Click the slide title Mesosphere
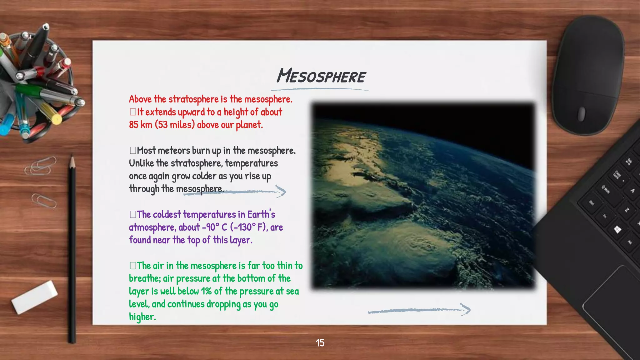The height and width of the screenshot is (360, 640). point(321,76)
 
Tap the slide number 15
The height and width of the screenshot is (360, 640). point(320,343)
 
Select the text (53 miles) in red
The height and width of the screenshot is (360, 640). point(175,125)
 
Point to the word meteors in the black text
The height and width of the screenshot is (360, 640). point(174,150)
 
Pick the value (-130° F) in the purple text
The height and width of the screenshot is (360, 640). point(249,227)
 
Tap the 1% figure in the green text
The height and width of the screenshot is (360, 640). point(206,291)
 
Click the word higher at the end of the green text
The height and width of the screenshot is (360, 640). point(142,317)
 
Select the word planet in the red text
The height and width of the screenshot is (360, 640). point(249,125)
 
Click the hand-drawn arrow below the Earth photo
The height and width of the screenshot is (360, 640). point(419,310)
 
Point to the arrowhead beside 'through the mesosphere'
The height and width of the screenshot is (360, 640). point(281,191)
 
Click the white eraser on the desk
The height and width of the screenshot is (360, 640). point(34,297)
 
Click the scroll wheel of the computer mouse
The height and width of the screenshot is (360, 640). point(581,114)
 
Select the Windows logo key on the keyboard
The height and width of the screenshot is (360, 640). point(617,230)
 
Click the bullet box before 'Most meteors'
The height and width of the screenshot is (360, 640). point(133,150)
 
